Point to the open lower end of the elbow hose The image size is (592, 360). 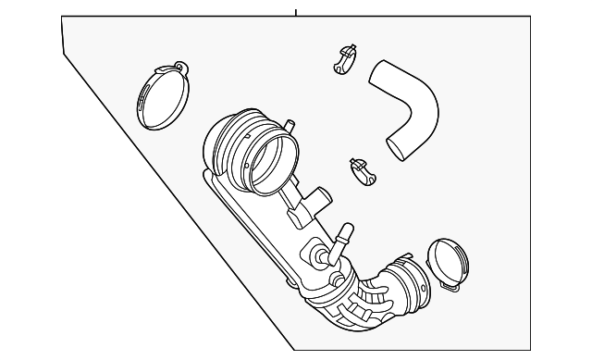tap(400, 149)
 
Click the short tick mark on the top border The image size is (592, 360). tap(295, 12)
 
